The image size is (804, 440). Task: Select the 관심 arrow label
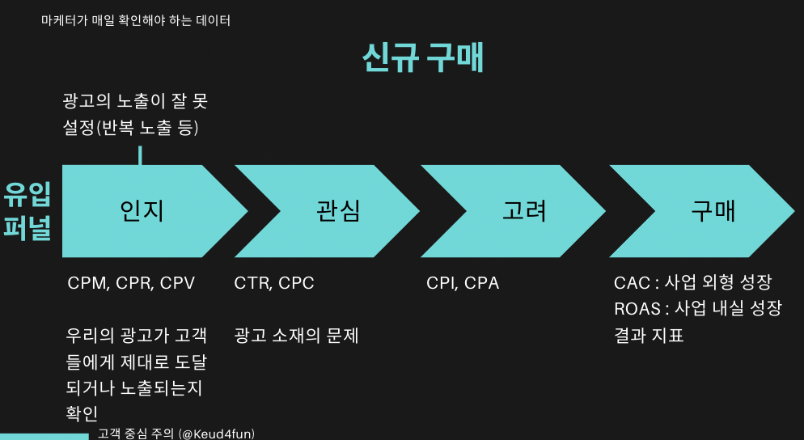coord(338,210)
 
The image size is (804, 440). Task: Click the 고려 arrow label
coord(524,210)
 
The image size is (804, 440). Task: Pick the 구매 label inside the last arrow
coord(713,210)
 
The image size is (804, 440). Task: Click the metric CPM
coord(87,283)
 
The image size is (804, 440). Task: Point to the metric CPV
coord(177,283)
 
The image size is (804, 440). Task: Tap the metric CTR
coord(252,283)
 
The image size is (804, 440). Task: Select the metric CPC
coord(297,283)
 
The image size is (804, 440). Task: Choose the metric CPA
coord(482,283)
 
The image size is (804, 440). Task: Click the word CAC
coord(633,282)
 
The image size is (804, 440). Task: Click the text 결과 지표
coord(649,334)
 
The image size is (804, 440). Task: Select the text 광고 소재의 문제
coord(296,335)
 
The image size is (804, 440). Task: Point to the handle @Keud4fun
coord(216,434)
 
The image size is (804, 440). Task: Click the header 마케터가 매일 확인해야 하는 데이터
coord(136,20)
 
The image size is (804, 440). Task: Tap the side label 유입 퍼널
coord(27,211)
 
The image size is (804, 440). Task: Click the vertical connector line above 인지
coord(140,155)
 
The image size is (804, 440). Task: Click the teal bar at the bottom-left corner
coord(44,436)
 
